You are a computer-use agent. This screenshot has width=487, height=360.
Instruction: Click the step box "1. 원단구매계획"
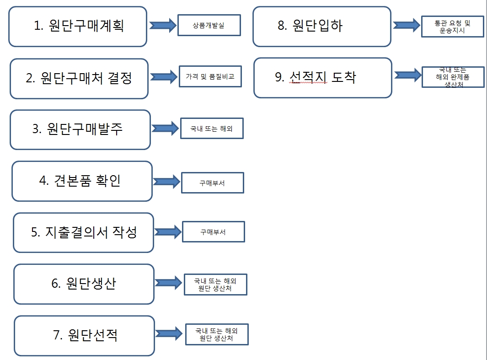78,27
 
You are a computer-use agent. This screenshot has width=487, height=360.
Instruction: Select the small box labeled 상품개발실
209,26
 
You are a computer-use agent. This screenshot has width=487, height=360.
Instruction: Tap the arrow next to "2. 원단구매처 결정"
164,77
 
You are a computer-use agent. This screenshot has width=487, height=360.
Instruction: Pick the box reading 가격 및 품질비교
210,77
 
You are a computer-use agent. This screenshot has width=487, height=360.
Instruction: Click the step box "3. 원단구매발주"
80,129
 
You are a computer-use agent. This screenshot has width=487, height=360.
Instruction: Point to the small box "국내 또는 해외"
212,129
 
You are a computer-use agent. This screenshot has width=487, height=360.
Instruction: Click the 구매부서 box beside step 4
213,183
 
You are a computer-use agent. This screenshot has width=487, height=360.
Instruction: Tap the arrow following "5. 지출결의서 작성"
167,231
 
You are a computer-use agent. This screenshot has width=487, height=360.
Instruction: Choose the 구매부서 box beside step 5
213,232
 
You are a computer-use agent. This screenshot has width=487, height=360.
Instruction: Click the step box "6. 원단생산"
84,284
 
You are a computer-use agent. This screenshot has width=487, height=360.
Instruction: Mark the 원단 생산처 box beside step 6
215,285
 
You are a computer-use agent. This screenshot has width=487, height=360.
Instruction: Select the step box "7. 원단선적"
85,335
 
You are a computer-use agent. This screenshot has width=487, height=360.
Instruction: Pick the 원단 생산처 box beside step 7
217,335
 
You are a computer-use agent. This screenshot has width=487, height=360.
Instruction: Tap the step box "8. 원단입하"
322,26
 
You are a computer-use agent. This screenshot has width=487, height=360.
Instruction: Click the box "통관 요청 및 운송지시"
452,27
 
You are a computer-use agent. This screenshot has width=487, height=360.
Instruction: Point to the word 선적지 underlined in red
308,77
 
